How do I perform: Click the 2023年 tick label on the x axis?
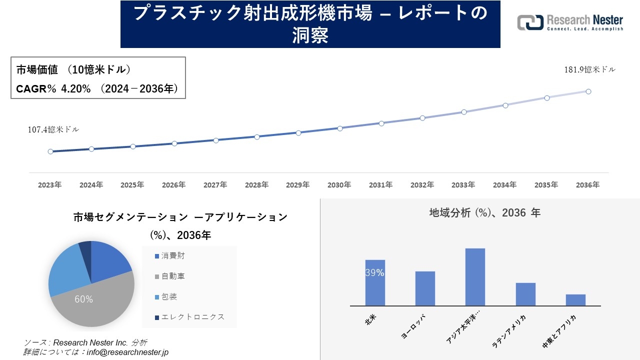tap(50, 185)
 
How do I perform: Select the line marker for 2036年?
tap(588, 91)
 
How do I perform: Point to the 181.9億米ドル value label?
tap(590, 70)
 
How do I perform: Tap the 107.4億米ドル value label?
tap(53, 129)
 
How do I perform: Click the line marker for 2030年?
tap(340, 128)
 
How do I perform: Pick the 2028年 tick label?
tap(256, 185)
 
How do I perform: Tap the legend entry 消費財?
tap(172, 255)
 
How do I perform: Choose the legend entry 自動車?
tap(172, 276)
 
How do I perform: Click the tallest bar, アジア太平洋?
tap(475, 277)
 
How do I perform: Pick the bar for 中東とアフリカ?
tap(575, 300)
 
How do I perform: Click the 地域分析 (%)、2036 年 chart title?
tap(484, 213)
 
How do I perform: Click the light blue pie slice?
tap(64, 272)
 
